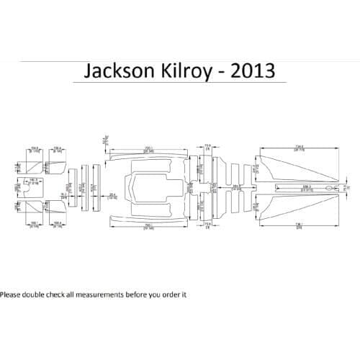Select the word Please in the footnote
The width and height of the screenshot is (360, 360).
[x=12, y=294]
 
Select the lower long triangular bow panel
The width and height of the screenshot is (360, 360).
[x=295, y=204]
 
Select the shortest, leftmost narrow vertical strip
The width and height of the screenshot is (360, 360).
[x=71, y=189]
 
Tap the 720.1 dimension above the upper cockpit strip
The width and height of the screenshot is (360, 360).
[x=148, y=147]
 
